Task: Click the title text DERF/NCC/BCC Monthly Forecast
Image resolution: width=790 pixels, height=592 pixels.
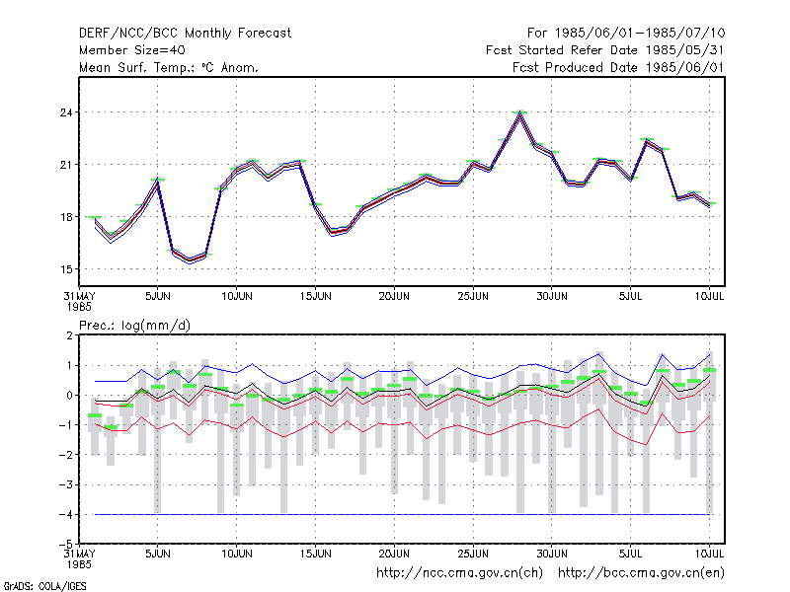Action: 185,34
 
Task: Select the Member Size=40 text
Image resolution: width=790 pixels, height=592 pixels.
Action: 132,50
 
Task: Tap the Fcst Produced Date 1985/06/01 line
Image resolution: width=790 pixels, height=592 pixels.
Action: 618,67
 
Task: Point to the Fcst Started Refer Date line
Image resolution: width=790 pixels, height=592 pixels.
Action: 604,50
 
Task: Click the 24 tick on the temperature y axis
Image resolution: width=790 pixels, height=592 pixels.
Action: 66,112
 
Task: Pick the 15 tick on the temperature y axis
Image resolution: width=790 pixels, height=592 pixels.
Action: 66,269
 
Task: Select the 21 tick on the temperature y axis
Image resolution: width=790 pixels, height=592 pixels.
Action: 66,165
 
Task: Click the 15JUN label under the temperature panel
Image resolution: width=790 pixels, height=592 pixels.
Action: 315,296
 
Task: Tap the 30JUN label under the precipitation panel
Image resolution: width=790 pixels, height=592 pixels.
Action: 552,554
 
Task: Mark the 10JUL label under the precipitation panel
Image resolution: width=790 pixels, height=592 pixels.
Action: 709,554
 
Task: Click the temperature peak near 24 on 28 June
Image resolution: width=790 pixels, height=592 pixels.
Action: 520,113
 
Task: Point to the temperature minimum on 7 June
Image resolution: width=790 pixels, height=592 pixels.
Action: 190,260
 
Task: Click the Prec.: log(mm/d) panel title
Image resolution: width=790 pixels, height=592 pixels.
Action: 134,326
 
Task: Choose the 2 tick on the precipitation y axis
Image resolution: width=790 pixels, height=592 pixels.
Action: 69,335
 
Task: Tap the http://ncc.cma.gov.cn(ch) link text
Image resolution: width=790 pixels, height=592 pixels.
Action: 459,573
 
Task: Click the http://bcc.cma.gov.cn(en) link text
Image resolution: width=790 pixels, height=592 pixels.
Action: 641,573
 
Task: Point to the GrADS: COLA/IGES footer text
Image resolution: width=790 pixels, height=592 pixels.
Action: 44,586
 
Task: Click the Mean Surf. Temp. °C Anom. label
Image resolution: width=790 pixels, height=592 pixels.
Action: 169,67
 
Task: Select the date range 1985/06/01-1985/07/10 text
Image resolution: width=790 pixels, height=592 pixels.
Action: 640,34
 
